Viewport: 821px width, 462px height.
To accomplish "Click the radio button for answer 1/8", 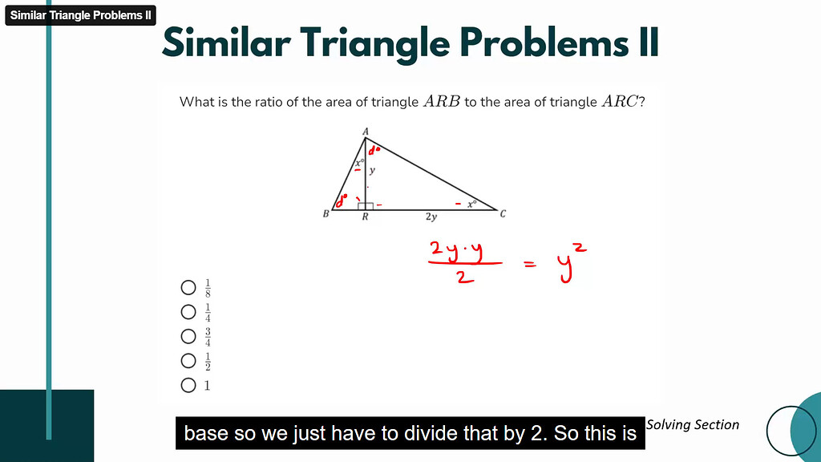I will [189, 287].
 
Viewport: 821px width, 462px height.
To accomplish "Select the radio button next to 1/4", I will [189, 312].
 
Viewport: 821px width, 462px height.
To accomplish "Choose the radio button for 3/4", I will [189, 336].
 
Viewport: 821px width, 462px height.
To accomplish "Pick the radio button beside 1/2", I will [189, 361].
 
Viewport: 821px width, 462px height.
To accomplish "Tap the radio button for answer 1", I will [189, 385].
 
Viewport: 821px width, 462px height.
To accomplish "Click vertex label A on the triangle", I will [366, 132].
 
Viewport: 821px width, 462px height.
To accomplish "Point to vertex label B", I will [326, 214].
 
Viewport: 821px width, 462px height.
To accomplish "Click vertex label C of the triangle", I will [503, 214].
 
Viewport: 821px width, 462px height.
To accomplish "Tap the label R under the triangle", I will [365, 217].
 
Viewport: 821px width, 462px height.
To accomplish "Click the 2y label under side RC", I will [431, 217].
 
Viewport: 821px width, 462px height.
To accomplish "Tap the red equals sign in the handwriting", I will [530, 265].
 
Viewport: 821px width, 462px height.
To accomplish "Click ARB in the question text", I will [442, 102].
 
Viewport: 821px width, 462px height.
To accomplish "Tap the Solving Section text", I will [693, 424].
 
